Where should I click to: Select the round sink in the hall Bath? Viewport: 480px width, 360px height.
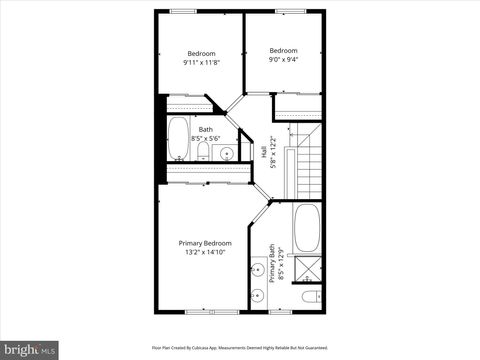(226, 153)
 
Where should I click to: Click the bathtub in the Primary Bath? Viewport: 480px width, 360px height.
(306, 229)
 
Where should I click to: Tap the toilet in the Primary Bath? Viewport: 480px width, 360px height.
(309, 296)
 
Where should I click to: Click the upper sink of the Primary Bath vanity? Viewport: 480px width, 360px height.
(256, 270)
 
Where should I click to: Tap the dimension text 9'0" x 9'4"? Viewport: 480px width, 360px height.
(283, 59)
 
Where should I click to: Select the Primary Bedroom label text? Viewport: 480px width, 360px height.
(205, 243)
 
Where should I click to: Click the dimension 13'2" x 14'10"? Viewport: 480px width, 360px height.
(205, 252)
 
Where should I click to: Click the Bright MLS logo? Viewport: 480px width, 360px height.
(29, 349)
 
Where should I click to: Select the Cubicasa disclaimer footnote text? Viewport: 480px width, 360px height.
(239, 347)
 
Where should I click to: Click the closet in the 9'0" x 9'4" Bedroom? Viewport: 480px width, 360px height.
(298, 104)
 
